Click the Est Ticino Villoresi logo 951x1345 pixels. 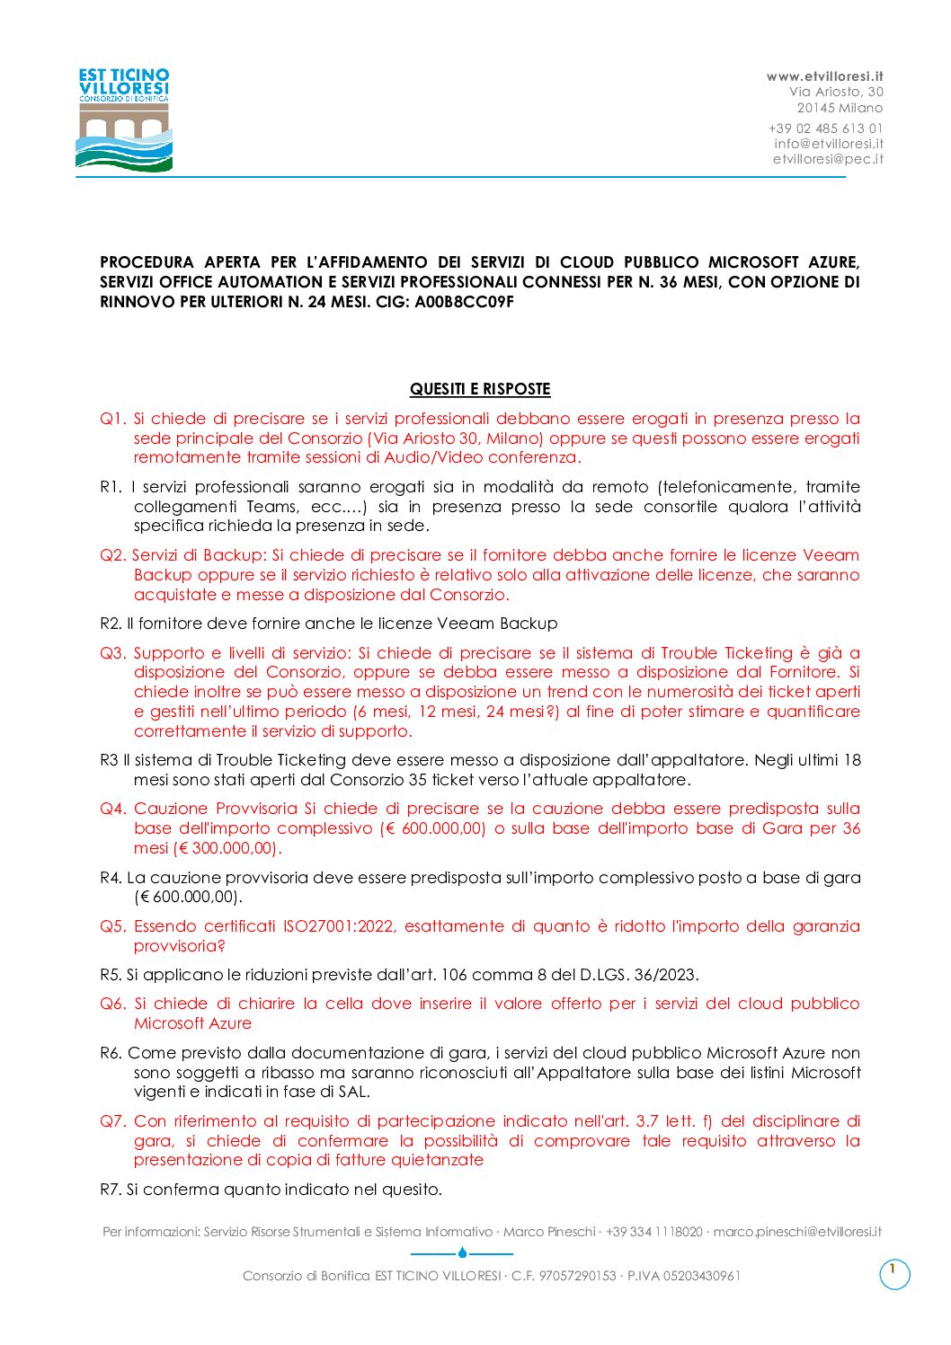124,119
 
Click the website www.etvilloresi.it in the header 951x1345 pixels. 824,76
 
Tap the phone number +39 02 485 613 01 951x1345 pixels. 825,128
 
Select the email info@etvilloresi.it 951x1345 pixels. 829,144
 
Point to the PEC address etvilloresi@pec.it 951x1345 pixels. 828,159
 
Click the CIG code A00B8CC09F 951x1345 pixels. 464,302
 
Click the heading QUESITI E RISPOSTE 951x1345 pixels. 480,389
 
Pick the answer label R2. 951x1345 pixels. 111,624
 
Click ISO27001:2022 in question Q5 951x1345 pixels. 339,926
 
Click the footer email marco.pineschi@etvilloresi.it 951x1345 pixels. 796,1232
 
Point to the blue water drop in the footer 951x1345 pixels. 462,1252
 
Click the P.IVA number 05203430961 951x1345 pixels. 701,1276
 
